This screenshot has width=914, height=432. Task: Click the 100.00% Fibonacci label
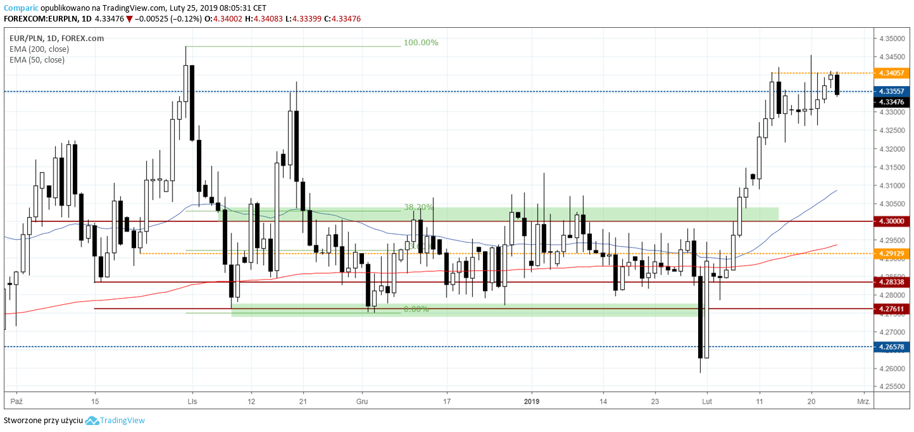tap(420, 43)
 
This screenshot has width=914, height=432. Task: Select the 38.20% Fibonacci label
tap(418, 207)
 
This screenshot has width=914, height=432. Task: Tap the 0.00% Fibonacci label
tap(416, 309)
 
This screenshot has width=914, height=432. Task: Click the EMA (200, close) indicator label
tap(39, 49)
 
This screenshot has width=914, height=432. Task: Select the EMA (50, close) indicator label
tap(37, 60)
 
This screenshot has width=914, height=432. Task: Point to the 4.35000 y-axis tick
tap(891, 39)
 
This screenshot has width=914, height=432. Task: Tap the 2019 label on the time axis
tap(532, 401)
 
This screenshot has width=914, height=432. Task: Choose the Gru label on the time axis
tap(362, 401)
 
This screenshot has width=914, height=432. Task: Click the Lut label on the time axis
tap(707, 401)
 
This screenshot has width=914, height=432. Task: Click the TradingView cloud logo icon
tap(92, 421)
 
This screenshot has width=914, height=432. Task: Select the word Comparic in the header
tap(21, 8)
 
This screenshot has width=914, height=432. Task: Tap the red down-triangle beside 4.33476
tap(129, 19)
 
